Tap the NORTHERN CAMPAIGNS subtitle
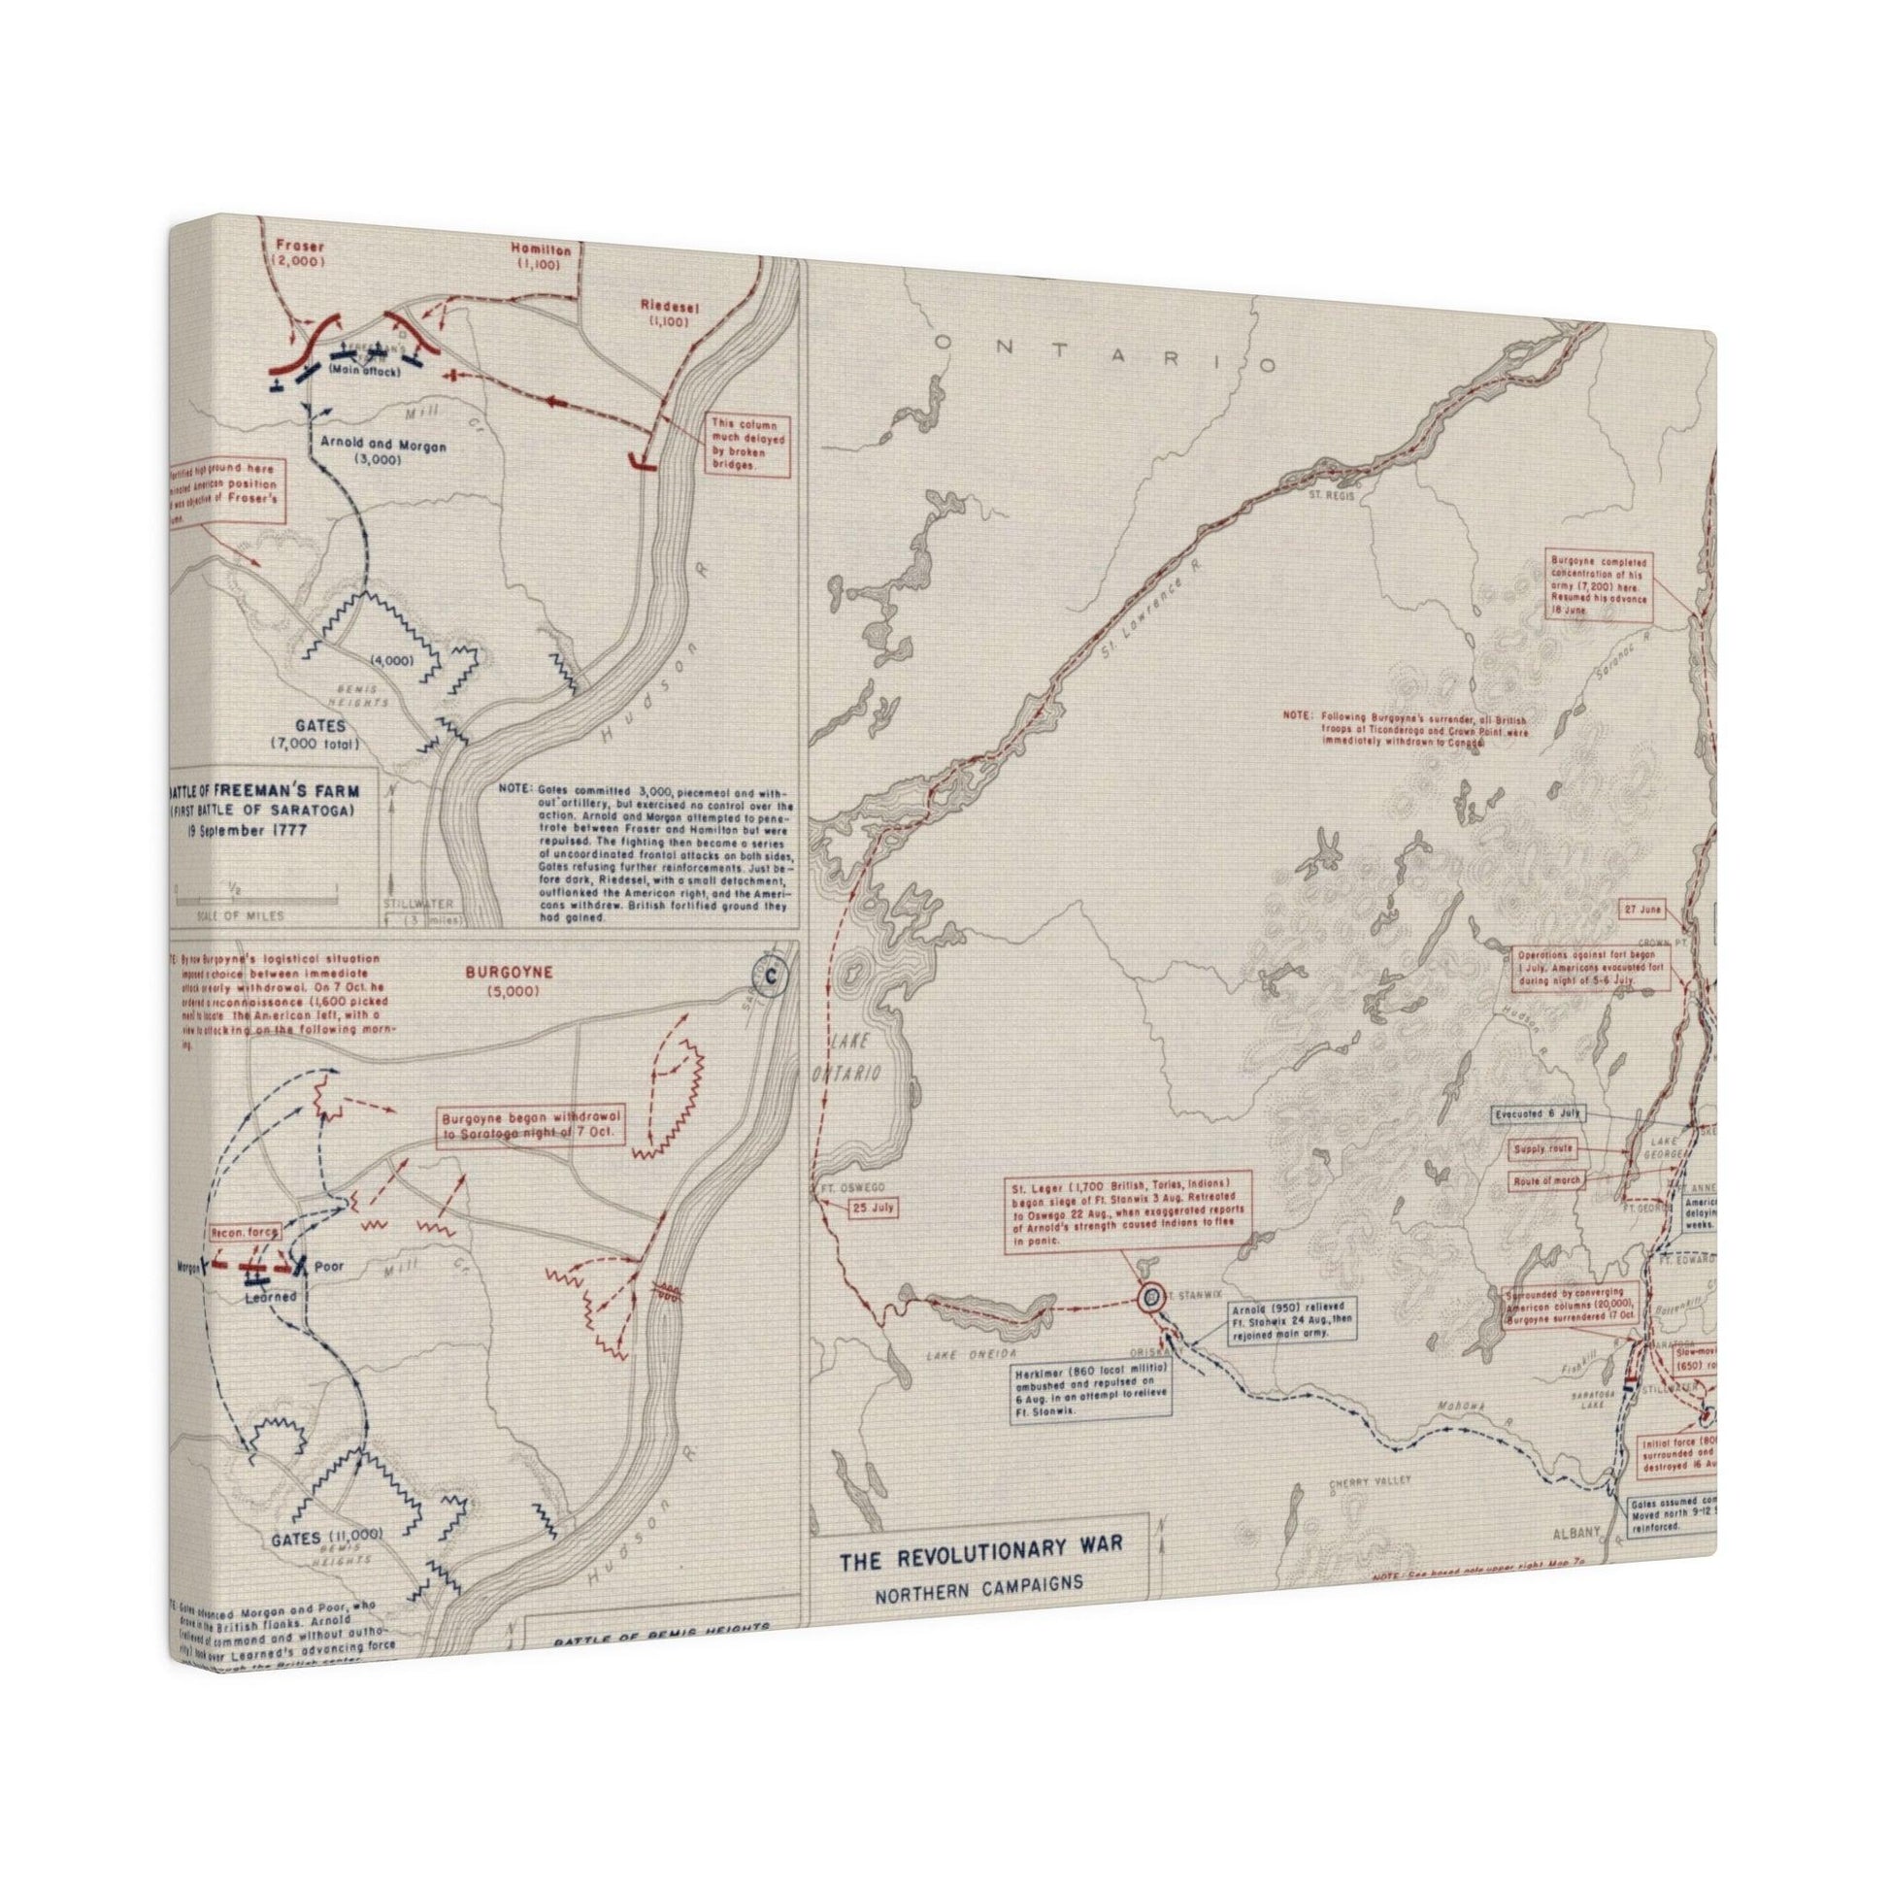coord(979,1582)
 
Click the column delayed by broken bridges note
coord(748,447)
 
